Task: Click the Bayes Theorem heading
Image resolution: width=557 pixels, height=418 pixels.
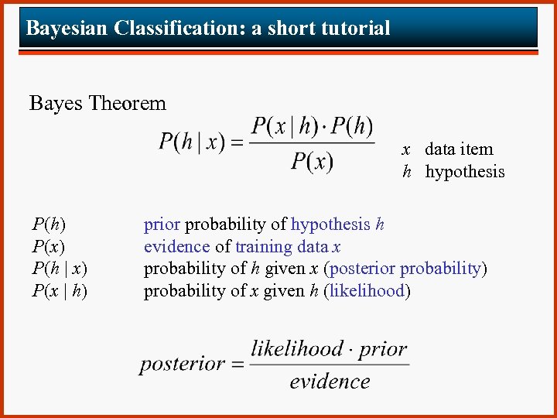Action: pos(97,103)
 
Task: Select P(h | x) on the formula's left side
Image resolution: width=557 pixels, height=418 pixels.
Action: pos(192,142)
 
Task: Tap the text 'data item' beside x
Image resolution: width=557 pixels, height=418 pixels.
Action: pos(459,149)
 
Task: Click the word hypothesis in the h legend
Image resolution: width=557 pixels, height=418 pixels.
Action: pos(465,172)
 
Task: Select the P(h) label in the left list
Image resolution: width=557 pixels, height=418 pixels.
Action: pos(49,225)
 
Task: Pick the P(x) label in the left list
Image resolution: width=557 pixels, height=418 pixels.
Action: pos(49,247)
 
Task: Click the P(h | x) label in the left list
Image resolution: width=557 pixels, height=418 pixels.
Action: pos(60,269)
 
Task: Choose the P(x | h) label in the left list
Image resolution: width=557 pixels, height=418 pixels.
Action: pos(60,291)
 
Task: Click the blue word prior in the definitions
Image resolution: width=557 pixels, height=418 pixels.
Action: pos(162,225)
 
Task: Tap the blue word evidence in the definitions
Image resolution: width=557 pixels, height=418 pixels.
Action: pos(177,247)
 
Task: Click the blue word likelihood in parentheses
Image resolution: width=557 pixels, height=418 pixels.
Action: pos(367,291)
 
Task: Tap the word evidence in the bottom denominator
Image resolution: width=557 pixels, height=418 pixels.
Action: pos(330,382)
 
